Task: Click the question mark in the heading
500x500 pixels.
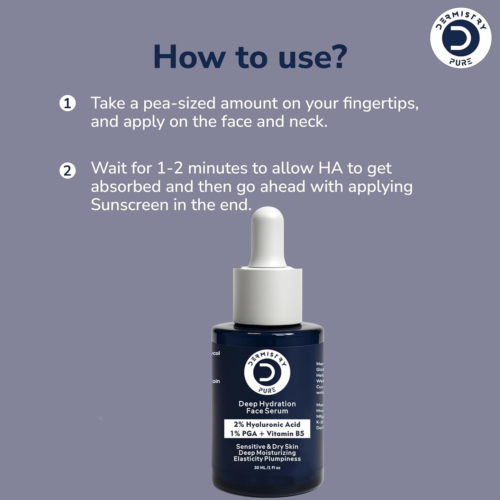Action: coord(336,56)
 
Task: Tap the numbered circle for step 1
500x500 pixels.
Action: coord(67,103)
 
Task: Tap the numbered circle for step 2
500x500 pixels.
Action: coord(67,171)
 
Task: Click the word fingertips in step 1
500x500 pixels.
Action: coord(380,103)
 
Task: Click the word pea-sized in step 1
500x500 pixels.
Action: coord(179,103)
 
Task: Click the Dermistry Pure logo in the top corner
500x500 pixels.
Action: coord(461,37)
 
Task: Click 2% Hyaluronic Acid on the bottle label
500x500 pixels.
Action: coord(267,425)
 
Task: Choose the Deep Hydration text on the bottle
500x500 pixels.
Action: coord(267,404)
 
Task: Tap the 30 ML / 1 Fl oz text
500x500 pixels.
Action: coord(267,468)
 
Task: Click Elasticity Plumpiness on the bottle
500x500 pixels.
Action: coord(267,459)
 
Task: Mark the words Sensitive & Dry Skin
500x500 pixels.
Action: coord(267,447)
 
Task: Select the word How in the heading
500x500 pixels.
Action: coord(189,56)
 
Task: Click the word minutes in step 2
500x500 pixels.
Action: coord(218,168)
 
